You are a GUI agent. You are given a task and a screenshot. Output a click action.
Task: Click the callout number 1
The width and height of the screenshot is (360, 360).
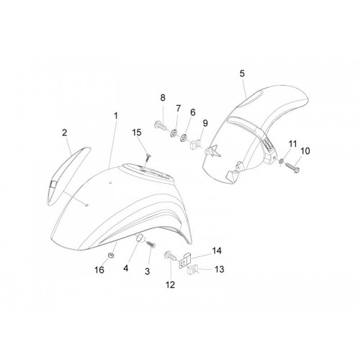(116, 116)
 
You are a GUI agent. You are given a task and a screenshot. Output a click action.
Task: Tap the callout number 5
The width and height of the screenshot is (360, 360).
(242, 73)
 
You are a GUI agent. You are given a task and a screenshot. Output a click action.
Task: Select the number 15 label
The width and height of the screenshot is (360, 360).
(137, 132)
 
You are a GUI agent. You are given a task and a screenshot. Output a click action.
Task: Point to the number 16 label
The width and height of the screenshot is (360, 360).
(99, 270)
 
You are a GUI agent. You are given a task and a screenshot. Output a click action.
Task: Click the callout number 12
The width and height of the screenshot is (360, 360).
(170, 285)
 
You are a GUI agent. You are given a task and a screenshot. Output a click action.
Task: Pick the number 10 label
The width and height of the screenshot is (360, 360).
(305, 151)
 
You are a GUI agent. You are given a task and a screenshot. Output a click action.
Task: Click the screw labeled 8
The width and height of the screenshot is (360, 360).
(160, 125)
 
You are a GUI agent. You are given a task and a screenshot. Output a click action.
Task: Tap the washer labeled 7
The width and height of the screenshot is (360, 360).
(174, 132)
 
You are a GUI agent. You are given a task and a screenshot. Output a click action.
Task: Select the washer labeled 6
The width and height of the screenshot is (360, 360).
(184, 138)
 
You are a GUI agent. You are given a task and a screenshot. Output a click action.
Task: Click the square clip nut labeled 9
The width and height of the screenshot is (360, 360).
(195, 145)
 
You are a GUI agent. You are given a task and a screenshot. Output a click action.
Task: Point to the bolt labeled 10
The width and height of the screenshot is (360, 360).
(292, 167)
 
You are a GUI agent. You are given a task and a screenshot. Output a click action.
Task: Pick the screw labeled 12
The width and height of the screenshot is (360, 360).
(171, 256)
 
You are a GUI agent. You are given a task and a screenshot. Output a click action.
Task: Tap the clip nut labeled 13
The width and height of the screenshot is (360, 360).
(192, 271)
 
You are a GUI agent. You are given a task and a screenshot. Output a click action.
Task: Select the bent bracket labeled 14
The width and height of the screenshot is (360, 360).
(186, 261)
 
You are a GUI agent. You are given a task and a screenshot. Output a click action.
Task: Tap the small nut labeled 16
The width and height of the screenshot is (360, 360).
(110, 256)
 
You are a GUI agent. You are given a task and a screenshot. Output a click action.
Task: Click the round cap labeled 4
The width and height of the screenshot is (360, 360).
(140, 238)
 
